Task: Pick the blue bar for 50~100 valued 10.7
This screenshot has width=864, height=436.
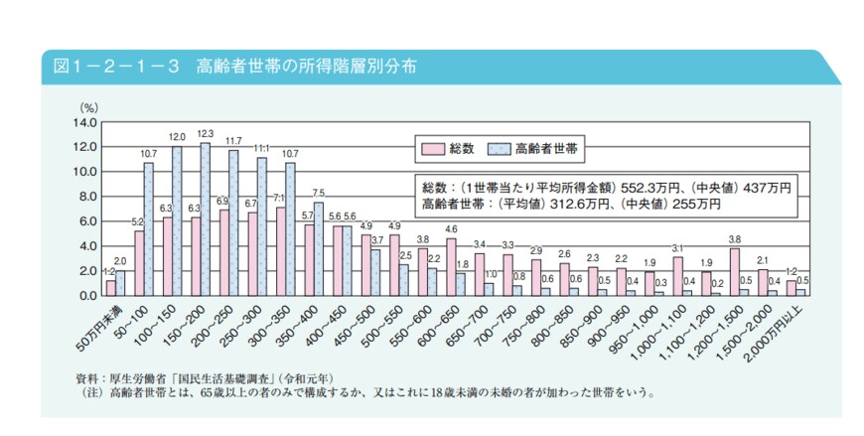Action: pyautogui.click(x=149, y=228)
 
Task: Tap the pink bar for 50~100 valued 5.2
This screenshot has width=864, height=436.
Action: pyautogui.click(x=139, y=263)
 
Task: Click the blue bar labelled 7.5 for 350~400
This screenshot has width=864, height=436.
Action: pyautogui.click(x=319, y=248)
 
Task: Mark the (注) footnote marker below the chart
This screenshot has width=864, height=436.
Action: pyautogui.click(x=90, y=392)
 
